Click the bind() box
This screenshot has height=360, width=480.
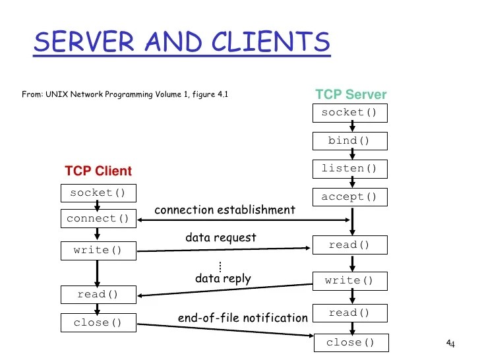349,141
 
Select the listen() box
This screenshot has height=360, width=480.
349,169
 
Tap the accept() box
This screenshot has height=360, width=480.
349,197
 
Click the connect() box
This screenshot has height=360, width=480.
98,218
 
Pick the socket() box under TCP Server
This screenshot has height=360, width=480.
349,113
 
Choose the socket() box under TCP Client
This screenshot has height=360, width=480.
98,193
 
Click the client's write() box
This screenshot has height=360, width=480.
98,251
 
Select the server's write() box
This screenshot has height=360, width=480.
349,281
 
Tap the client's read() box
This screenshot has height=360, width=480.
98,294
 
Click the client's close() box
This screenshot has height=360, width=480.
98,322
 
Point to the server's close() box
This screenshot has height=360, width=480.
349,342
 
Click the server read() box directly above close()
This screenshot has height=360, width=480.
349,313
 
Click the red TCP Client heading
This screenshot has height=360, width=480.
98,171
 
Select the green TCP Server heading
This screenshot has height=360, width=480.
351,94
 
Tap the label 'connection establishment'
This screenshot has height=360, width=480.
224,210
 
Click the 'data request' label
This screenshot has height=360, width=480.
220,237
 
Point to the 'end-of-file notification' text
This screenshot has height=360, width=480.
243,318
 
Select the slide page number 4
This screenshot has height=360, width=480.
450,344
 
